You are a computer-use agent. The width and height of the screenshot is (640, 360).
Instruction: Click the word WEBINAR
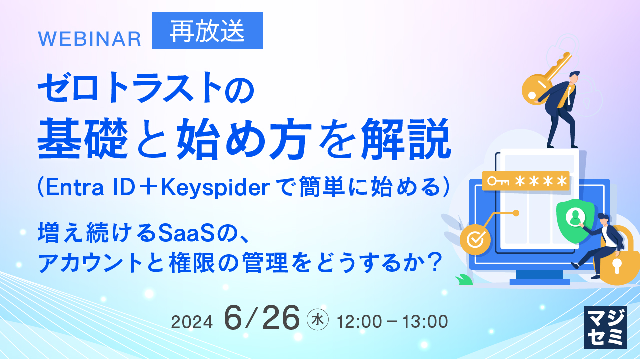click(90, 39)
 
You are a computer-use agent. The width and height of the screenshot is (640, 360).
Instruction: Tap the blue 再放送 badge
click(207, 31)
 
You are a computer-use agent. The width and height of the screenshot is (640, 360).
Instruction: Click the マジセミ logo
click(605, 327)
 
